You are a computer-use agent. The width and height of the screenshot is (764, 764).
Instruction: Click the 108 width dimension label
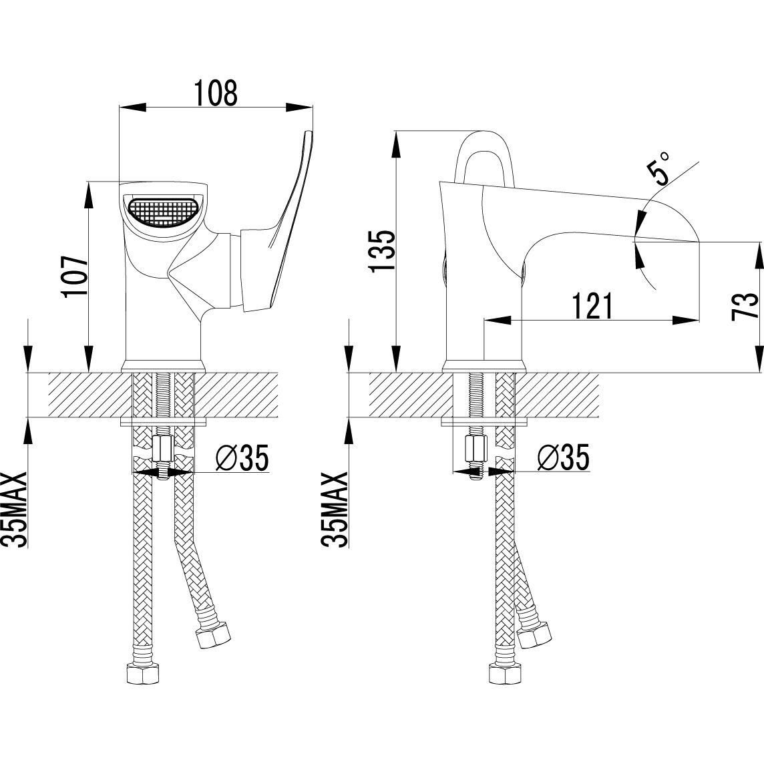click(216, 93)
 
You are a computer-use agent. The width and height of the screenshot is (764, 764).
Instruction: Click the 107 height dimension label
click(75, 275)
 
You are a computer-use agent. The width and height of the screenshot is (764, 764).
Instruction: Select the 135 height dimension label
click(382, 251)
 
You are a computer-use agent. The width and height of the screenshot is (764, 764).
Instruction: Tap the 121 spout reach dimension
click(592, 305)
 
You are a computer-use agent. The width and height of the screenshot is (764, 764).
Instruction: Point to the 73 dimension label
click(746, 306)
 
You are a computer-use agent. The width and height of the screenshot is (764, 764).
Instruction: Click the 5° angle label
click(658, 167)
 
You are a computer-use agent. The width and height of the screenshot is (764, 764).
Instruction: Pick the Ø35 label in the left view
click(242, 458)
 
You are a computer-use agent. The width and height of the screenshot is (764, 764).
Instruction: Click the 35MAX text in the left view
click(15, 510)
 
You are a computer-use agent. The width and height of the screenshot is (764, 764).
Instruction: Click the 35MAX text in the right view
click(335, 510)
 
